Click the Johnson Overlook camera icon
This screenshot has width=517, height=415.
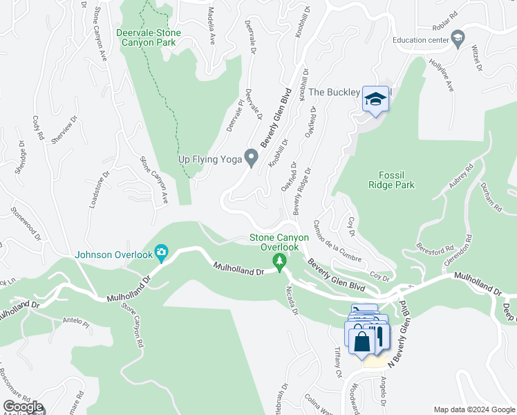[161, 254]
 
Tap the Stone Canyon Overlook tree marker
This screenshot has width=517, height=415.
[280, 261]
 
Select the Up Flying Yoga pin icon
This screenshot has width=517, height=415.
[252, 158]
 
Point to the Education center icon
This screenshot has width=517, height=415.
[457, 39]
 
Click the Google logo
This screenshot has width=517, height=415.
[23, 407]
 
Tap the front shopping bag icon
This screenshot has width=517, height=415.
[362, 340]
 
